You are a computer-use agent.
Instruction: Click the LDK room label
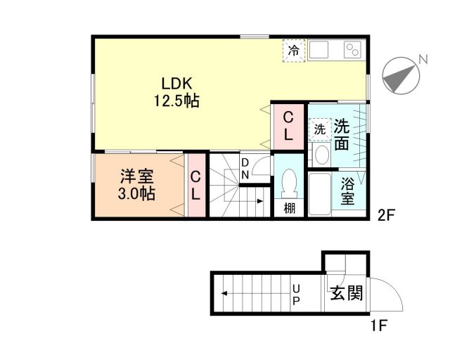[177, 81]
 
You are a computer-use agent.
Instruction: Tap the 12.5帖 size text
[177, 101]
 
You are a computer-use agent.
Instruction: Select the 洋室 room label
[134, 176]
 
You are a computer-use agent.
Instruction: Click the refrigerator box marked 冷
[295, 51]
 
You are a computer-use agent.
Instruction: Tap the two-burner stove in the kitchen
[352, 51]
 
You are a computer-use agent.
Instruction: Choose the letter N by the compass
[423, 59]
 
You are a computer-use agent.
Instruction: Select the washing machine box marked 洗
[319, 129]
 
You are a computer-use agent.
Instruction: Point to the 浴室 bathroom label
[347, 192]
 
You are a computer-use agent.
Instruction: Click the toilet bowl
[288, 184]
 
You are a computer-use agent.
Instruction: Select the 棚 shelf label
[289, 208]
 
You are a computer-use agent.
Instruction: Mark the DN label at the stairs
[245, 169]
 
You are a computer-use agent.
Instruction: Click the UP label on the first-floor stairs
[296, 295]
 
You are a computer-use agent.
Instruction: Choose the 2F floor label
[387, 216]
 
